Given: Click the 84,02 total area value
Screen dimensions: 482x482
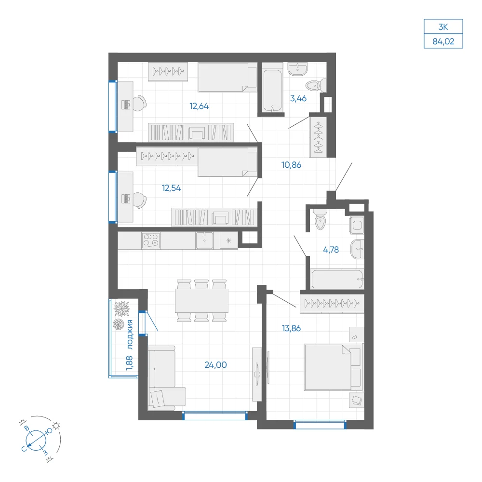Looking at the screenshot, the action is point(443,41).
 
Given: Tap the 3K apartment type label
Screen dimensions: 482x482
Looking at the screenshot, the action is point(443,27).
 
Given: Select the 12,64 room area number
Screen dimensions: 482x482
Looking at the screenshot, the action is point(199,106).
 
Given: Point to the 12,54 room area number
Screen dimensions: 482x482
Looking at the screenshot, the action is point(172,188).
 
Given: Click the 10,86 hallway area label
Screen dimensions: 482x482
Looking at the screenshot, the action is point(292,165).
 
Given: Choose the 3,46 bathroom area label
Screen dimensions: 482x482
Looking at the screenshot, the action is point(298,98).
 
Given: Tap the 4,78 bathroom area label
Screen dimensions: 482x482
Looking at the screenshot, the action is point(331,250).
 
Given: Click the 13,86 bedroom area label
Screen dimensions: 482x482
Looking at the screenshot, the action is point(292,328).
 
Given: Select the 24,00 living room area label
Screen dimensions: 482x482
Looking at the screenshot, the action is point(216,365).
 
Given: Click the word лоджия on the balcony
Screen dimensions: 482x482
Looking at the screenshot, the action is point(130,335).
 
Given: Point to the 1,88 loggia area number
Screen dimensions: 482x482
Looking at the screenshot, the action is point(129,363).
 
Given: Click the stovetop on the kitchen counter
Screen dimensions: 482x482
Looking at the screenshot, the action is point(150,241).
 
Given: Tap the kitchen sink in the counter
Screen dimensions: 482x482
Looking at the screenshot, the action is point(204,241).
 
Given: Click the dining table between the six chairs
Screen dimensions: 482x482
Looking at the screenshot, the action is point(201,301).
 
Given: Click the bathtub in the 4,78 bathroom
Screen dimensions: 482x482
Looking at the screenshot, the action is point(337,279).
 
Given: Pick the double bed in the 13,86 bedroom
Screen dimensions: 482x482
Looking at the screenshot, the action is point(333,367).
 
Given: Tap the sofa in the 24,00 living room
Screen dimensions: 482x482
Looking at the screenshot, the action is point(164,378).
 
